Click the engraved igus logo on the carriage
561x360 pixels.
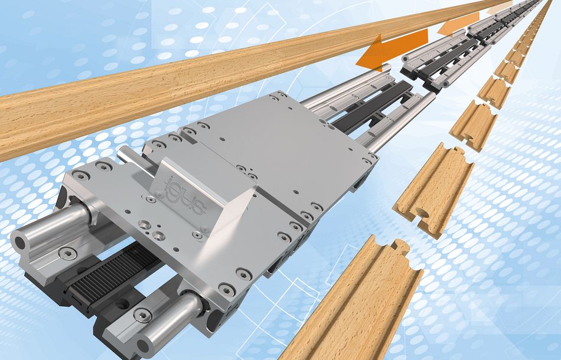[x=185, y=195]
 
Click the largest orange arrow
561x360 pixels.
[x=392, y=50]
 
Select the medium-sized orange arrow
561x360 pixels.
[x=458, y=24]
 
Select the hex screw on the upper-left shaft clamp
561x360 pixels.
[x=67, y=253]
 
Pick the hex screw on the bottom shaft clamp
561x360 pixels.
[x=142, y=315]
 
